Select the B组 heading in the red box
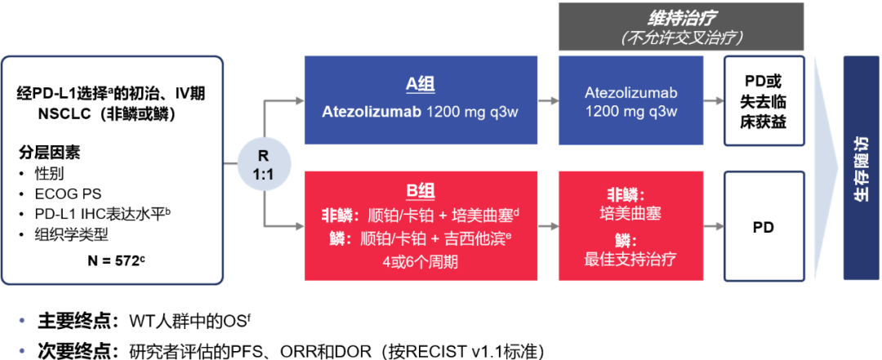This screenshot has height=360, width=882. coord(421,191)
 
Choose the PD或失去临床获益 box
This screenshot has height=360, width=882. coord(763,101)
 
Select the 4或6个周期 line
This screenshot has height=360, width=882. coord(421,262)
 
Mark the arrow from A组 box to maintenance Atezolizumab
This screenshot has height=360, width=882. coord(549,101)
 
